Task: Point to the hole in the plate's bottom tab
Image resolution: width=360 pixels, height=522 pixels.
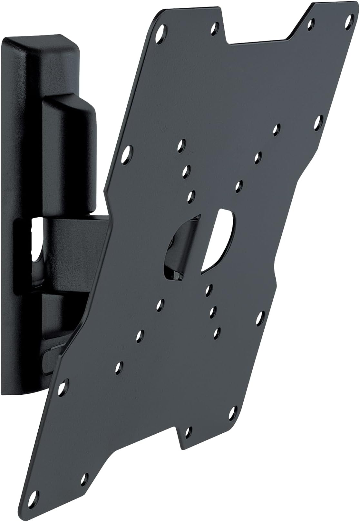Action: point(189,430)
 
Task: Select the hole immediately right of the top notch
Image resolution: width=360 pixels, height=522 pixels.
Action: point(310,24)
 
